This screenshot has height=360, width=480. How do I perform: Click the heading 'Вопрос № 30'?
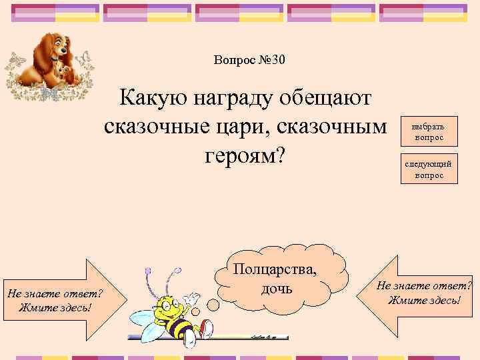coord(249,61)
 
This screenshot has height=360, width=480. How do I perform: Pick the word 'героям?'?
coord(243,155)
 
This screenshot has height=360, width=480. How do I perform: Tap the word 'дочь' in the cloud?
coord(273,289)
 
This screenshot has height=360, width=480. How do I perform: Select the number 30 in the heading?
coord(278,61)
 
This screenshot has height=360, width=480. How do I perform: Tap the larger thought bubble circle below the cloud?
coord(212,304)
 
